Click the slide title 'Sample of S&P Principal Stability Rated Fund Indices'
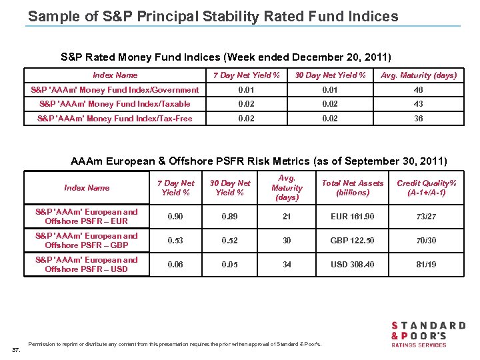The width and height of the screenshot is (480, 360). click(x=213, y=15)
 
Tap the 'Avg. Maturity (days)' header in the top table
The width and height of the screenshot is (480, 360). click(x=419, y=75)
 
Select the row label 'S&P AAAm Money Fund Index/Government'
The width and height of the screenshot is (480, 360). click(x=115, y=90)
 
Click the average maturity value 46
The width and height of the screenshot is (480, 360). click(x=419, y=90)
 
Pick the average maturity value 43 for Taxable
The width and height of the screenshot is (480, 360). click(x=419, y=104)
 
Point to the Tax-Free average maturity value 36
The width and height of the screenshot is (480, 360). click(x=419, y=119)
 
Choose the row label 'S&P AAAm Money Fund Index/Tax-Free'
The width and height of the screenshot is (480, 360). click(x=115, y=119)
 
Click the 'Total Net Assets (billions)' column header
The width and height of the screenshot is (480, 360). click(x=353, y=188)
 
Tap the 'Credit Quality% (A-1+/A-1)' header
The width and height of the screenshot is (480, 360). click(x=427, y=188)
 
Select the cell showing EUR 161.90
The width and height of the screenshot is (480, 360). click(x=353, y=217)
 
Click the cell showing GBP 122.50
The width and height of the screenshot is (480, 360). click(x=353, y=241)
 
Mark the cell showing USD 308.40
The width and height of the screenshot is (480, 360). click(x=353, y=265)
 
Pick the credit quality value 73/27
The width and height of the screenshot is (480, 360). click(x=427, y=217)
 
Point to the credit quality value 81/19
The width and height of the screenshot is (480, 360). click(x=427, y=265)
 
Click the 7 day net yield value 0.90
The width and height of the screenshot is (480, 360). click(x=176, y=217)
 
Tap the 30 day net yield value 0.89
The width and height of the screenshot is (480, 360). click(x=230, y=217)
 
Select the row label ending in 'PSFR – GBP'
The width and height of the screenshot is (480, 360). click(x=87, y=241)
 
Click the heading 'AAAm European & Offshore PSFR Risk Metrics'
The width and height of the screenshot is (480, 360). click(x=259, y=161)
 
